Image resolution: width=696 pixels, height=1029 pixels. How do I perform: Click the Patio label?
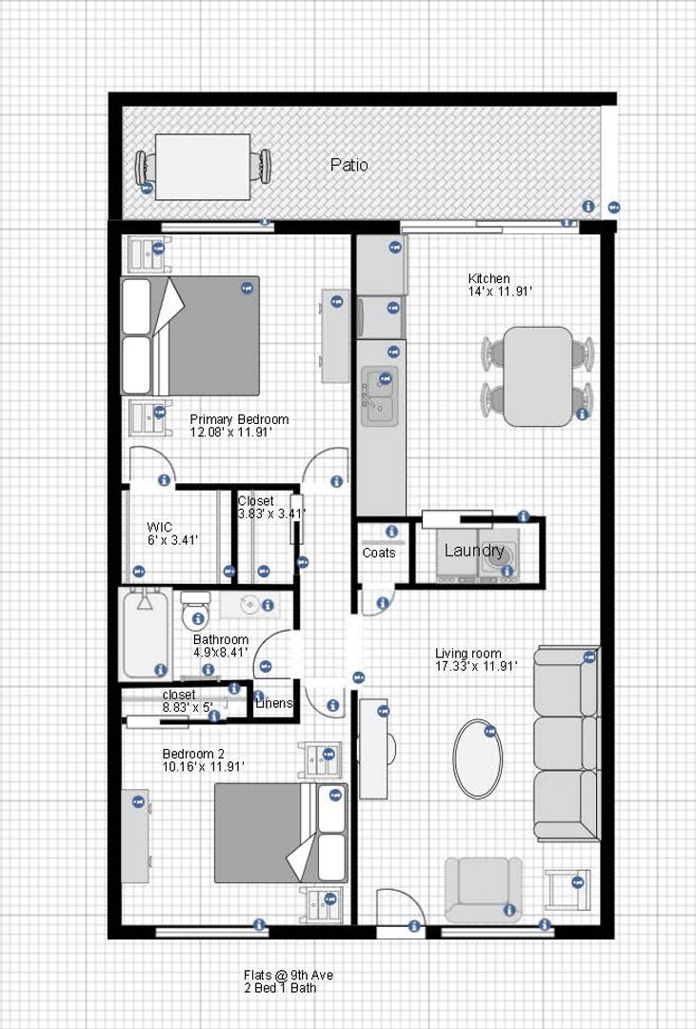(349, 165)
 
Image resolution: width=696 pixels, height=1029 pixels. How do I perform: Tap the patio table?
(203, 167)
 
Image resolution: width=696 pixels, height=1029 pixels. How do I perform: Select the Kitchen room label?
(488, 278)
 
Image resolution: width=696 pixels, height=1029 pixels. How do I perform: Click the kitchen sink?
(380, 396)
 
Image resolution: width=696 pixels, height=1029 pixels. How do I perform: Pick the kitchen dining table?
(539, 376)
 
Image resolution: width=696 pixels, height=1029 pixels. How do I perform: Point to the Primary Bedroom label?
(239, 419)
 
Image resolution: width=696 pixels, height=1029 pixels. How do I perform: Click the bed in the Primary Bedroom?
(190, 335)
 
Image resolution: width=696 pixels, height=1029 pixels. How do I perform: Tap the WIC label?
(159, 527)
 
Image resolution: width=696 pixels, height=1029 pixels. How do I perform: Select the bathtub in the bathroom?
(147, 634)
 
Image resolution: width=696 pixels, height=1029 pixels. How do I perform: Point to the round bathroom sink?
(251, 604)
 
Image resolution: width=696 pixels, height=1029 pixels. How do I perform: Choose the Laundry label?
(474, 551)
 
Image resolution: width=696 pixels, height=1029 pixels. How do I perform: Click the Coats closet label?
(379, 554)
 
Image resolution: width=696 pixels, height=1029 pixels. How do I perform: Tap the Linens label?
(273, 703)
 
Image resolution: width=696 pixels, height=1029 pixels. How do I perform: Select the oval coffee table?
(478, 759)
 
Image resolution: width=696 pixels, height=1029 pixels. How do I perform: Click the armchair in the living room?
(484, 890)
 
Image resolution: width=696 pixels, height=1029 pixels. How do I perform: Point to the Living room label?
(468, 654)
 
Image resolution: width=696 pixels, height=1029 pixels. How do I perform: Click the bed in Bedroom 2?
(281, 833)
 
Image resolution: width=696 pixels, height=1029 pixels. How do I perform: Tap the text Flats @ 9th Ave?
(288, 976)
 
